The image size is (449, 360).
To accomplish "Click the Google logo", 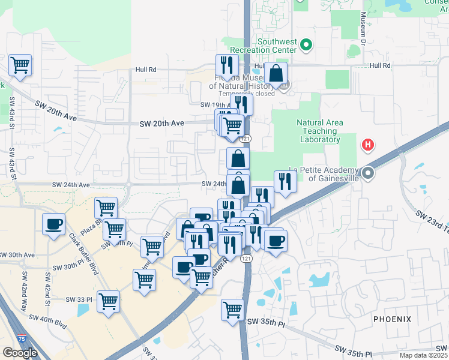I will click(x=20, y=352).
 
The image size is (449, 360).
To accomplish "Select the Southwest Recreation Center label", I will click(x=277, y=46).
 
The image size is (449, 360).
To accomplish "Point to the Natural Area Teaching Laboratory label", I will click(x=320, y=131).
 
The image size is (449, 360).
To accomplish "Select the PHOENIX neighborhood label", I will click(x=392, y=319).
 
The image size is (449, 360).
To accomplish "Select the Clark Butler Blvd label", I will click(x=83, y=253).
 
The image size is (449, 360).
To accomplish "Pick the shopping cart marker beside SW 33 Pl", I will click(x=108, y=302).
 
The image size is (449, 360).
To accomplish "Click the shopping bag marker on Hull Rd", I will click(x=276, y=74).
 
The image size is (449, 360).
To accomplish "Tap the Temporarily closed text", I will click(x=246, y=94).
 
